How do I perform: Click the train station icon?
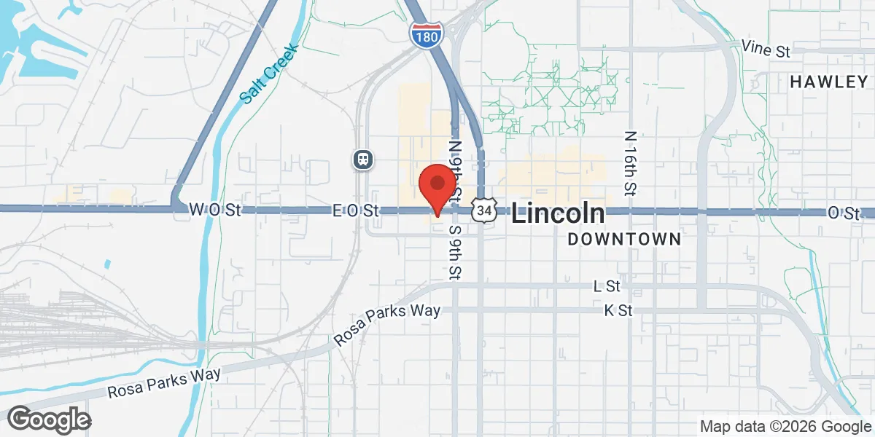pyautogui.click(x=362, y=159)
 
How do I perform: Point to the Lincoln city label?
pyautogui.click(x=558, y=213)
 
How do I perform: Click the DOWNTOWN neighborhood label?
pyautogui.click(x=624, y=239)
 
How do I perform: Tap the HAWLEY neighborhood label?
pyautogui.click(x=830, y=82)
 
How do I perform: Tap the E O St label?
pyautogui.click(x=357, y=211)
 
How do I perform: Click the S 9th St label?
pyautogui.click(x=455, y=252)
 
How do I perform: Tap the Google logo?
pyautogui.click(x=49, y=420)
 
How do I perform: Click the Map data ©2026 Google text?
pyautogui.click(x=786, y=427)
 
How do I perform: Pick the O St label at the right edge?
pyautogui.click(x=844, y=213)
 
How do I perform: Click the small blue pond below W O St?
pyautogui.click(x=108, y=264)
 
